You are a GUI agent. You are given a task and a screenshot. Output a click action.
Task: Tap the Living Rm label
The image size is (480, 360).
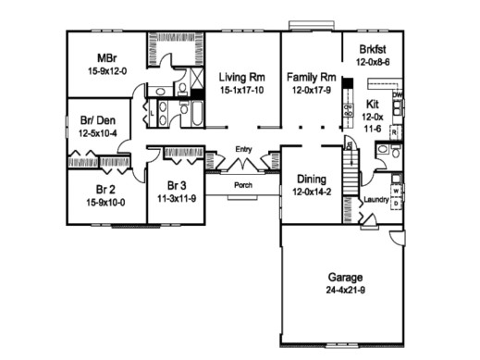(x=243, y=78)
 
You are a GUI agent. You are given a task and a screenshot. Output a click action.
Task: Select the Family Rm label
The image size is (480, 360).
(x=310, y=78)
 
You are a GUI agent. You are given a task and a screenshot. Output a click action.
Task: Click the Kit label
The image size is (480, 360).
(x=373, y=105)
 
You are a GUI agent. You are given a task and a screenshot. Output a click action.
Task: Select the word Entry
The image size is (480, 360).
(x=244, y=149)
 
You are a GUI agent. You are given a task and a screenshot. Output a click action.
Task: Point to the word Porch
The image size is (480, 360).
(x=243, y=184)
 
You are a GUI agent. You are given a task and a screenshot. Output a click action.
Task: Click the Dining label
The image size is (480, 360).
(x=309, y=180)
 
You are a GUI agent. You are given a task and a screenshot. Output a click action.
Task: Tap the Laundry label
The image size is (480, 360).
(x=375, y=199)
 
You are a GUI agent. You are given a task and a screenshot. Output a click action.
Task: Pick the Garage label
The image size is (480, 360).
(x=343, y=277)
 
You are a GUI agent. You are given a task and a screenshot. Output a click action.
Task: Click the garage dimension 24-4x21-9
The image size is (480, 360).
(x=343, y=290)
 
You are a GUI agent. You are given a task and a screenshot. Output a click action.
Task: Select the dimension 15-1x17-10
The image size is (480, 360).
(x=243, y=91)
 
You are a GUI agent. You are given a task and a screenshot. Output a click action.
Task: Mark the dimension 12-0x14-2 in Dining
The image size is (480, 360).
(x=309, y=192)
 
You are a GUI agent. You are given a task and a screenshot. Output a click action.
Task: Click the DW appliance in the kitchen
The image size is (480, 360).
(x=397, y=95)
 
